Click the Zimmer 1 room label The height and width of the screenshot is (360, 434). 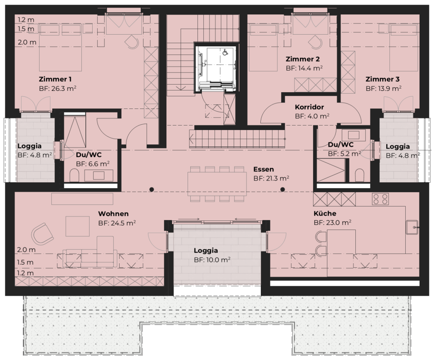(55, 79)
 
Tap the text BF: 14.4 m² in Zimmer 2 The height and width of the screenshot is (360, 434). (304, 68)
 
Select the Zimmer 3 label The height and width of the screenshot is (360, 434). (382, 79)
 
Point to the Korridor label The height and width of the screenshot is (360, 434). (310, 107)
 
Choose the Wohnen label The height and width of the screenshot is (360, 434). (113, 214)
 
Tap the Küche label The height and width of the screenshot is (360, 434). (325, 213)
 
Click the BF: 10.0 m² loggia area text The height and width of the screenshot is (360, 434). (212, 260)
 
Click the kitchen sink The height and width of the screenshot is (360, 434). (412, 228)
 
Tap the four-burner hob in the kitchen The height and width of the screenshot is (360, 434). (380, 199)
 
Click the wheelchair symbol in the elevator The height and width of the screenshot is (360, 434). (225, 52)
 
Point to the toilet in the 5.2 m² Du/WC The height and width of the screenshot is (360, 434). (359, 175)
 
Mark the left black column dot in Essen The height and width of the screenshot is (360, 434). (152, 189)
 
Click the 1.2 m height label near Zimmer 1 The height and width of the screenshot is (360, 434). (26, 20)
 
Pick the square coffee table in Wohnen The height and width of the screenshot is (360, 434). (77, 226)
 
